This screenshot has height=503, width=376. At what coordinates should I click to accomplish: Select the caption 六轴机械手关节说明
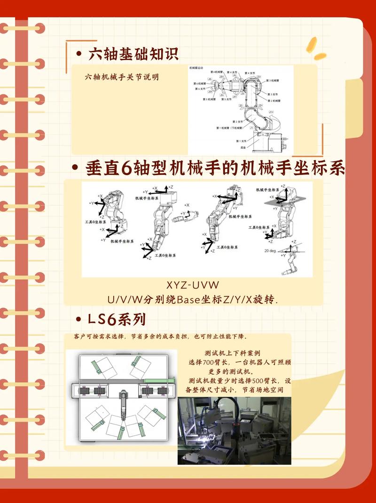(x=121, y=77)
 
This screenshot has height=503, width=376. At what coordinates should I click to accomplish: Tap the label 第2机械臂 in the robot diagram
(x=274, y=101)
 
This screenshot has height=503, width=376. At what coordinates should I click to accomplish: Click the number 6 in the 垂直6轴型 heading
(x=126, y=168)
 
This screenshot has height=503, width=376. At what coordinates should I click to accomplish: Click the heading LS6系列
(x=117, y=319)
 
